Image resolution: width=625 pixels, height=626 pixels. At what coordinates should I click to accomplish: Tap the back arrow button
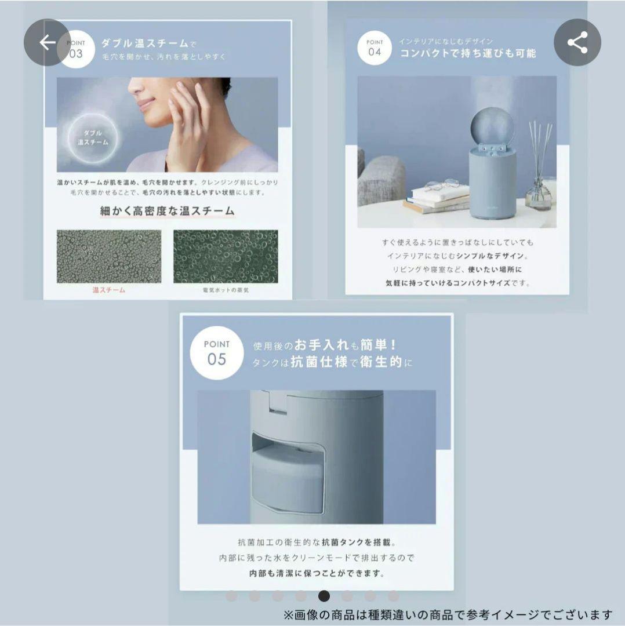(47, 42)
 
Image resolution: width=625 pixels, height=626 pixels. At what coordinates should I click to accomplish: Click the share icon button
(577, 42)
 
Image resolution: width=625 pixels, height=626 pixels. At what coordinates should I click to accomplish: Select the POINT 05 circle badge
(216, 352)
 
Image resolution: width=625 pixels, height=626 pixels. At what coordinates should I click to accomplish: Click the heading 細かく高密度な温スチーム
(167, 211)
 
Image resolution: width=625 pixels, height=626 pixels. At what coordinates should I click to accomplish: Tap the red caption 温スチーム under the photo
(108, 290)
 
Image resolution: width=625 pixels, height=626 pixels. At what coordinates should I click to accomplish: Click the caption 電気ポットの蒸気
(226, 290)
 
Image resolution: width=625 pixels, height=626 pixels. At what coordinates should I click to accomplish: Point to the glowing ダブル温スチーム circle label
(93, 137)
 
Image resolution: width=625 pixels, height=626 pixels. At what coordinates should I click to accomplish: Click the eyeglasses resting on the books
(441, 185)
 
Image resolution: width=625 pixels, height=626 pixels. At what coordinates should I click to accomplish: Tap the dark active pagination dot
(324, 596)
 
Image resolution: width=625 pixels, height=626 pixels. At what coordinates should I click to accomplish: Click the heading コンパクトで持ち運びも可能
(468, 53)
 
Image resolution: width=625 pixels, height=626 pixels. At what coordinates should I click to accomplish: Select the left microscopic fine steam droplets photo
(108, 256)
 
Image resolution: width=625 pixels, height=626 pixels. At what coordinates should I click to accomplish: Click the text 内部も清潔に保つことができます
(314, 573)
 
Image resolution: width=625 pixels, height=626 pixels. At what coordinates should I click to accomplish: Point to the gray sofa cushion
(381, 180)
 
